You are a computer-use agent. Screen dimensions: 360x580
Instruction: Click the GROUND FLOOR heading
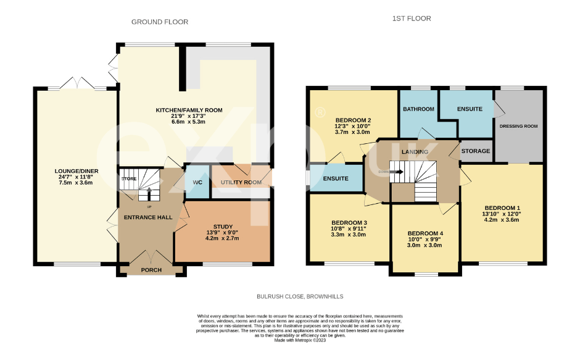[x=160, y=22]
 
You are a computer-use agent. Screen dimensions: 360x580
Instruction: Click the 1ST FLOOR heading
[x=412, y=19]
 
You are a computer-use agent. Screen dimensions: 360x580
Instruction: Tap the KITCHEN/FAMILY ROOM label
[x=189, y=111]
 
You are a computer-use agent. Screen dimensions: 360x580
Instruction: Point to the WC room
[x=197, y=182]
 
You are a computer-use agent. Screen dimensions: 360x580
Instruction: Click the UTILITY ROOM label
[x=240, y=183]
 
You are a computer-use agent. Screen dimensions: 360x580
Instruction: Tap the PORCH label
[x=151, y=270]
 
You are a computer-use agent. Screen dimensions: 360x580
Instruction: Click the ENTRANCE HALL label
[x=147, y=217]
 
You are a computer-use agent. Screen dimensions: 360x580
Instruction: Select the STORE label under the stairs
[x=128, y=178]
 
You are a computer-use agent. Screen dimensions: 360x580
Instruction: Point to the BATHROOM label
[x=419, y=109]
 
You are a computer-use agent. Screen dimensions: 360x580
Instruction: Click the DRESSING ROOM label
[x=518, y=126]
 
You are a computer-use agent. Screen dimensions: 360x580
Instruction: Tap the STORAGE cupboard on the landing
[x=476, y=151]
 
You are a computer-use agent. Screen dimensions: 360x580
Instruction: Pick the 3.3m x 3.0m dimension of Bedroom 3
[x=349, y=235]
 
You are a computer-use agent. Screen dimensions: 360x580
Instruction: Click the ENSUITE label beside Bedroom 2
[x=336, y=178]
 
